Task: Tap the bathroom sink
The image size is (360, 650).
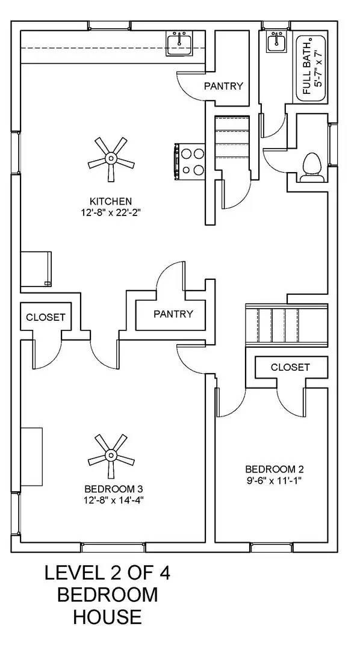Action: pos(277,42)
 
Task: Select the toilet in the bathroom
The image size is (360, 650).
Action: pos(312,167)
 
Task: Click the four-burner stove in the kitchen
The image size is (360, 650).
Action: pos(191,162)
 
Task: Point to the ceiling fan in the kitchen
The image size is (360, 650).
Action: pos(110,158)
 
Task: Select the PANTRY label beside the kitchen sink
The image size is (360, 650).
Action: pos(223,86)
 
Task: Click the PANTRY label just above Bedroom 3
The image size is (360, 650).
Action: pos(173,314)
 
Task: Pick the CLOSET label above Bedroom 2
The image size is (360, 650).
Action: pos(290,367)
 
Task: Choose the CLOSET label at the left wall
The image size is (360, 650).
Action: pos(45,317)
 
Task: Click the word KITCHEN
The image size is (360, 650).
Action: pos(110,201)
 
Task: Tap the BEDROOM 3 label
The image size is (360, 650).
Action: pos(113,488)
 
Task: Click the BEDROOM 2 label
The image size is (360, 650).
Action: pos(271,469)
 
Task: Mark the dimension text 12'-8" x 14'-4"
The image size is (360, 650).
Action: pos(113,499)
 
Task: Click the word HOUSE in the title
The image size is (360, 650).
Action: pos(108,616)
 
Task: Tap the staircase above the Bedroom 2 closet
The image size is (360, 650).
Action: pos(286,326)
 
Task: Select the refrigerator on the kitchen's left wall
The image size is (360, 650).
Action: pos(36,269)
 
